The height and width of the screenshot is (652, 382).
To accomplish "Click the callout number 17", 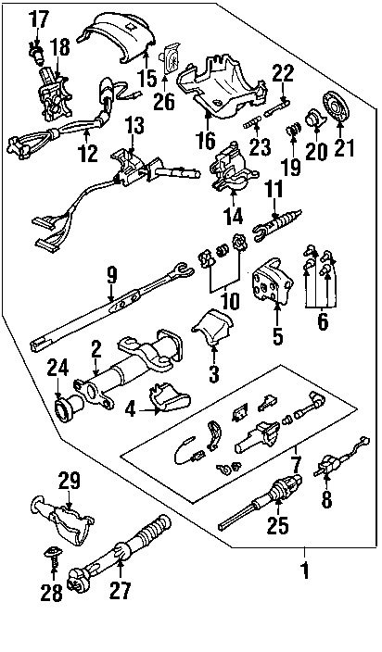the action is tap(39, 20).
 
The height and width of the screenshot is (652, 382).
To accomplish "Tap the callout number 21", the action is tap(342, 148).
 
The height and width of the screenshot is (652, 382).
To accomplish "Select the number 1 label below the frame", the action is tap(305, 570).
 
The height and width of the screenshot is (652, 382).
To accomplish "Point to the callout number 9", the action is tap(111, 276).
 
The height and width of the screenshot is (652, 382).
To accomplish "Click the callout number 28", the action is tap(51, 592).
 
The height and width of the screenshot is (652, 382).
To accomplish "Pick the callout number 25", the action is tap(277, 526).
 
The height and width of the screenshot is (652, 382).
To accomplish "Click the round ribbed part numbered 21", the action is tap(337, 105).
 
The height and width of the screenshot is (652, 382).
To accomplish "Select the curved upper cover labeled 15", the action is tap(117, 38).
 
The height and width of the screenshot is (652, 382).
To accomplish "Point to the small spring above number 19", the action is tap(293, 130).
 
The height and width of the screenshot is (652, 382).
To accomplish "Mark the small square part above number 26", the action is tap(171, 57).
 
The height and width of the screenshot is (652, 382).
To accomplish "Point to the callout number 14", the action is tap(233, 215).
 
